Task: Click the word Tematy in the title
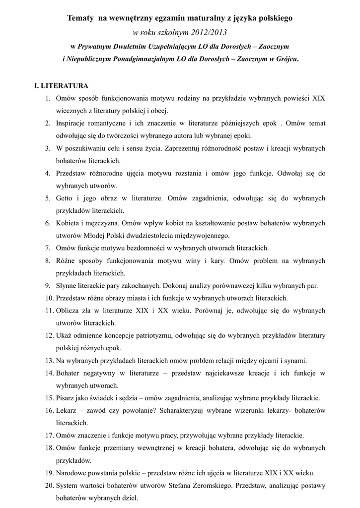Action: [x=80, y=18]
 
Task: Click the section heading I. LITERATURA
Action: [x=61, y=86]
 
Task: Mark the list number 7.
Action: [x=48, y=248]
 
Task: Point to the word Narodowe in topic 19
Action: [x=72, y=473]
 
